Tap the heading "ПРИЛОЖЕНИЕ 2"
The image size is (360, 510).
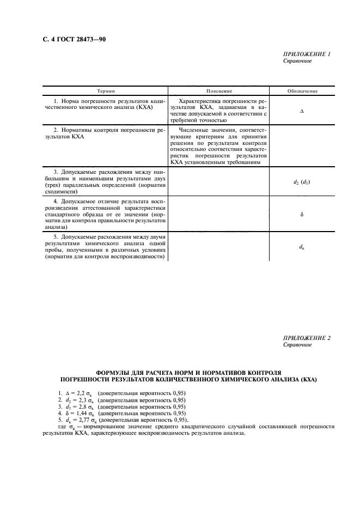[307, 338]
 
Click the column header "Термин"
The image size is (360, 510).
[106, 91]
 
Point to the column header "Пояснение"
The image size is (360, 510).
[219, 91]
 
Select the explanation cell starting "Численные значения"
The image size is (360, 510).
[219, 145]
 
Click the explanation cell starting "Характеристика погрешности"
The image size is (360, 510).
[219, 111]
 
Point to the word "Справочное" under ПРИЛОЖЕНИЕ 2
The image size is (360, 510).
[297, 345]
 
